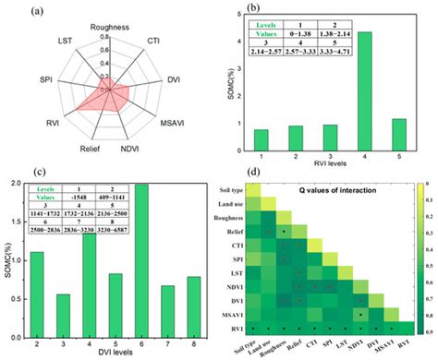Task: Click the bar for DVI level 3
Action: point(65,295)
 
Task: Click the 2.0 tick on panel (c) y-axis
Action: point(23,184)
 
